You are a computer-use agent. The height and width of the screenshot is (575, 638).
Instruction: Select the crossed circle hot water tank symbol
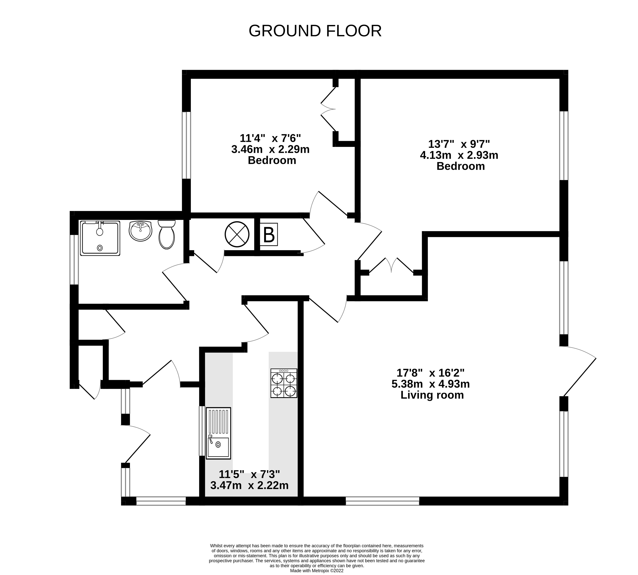pos(237,234)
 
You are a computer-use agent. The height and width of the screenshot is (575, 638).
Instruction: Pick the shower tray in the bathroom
pos(100,238)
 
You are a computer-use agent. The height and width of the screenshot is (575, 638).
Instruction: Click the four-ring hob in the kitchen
pos(284,383)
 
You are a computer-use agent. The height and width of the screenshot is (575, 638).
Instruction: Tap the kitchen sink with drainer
pos(218,433)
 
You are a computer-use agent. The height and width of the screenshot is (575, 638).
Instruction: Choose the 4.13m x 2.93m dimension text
pos(459,155)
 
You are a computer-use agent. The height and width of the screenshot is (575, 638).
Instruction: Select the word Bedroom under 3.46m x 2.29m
pos(272,160)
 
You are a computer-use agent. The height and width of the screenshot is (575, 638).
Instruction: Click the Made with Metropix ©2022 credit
pos(317,571)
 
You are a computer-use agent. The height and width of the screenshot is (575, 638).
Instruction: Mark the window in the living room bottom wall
pos(382,501)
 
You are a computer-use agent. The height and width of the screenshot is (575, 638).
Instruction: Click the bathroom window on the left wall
pos(74,259)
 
